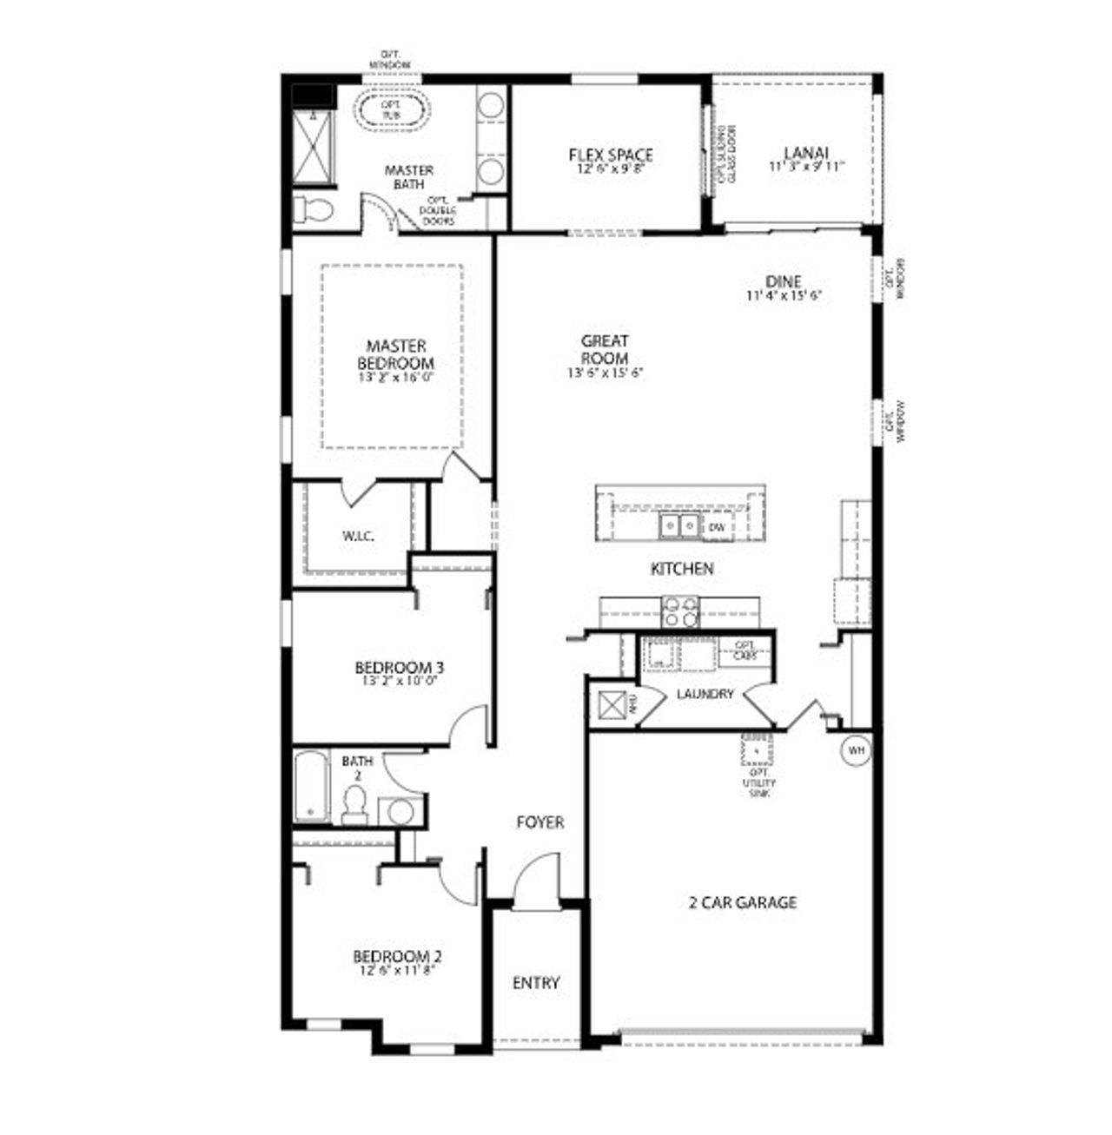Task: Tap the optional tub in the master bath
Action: click(392, 109)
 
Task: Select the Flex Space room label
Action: click(611, 155)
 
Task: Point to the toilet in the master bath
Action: click(314, 209)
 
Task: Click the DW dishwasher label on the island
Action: click(717, 527)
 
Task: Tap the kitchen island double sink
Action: click(679, 525)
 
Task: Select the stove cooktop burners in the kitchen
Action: click(680, 612)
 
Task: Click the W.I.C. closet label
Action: click(358, 536)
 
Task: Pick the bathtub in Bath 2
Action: click(310, 788)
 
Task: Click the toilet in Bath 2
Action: click(354, 805)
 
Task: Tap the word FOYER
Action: click(539, 822)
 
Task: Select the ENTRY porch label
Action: click(536, 983)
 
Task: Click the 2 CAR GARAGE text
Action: click(742, 902)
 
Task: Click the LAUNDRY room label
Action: click(705, 694)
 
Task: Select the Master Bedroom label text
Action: click(395, 354)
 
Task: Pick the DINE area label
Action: click(783, 281)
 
